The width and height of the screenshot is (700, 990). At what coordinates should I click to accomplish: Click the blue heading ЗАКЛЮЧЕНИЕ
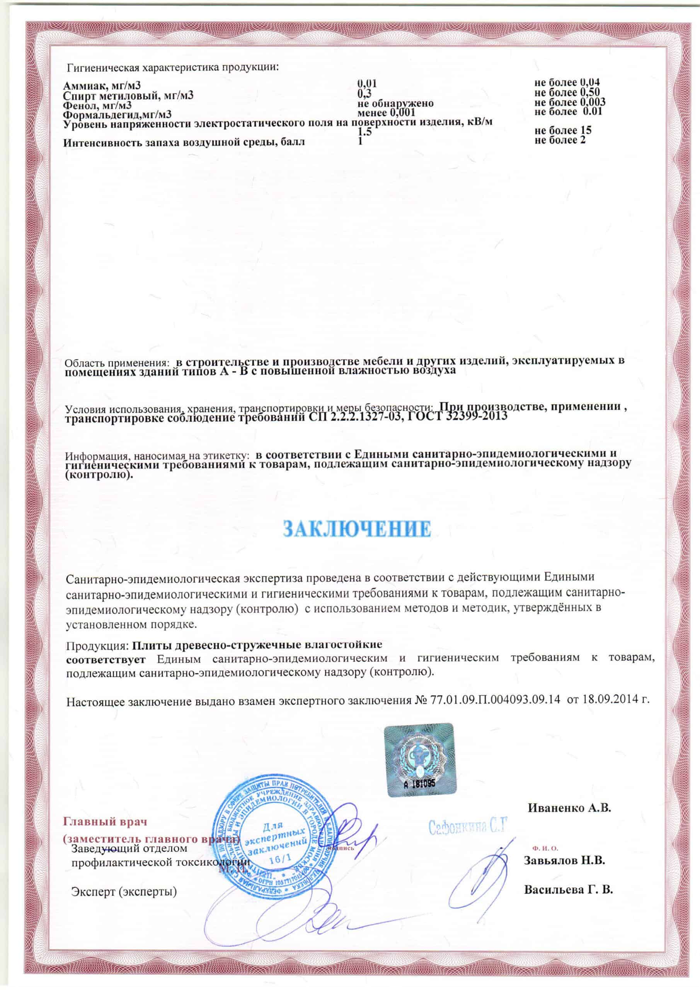click(356, 529)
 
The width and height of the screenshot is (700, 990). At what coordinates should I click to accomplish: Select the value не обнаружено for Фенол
click(395, 104)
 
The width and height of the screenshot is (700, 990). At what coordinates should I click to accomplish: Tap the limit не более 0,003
click(569, 102)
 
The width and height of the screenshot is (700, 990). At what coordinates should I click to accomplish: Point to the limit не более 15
click(562, 130)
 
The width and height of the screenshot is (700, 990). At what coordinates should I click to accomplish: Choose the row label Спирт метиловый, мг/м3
click(128, 95)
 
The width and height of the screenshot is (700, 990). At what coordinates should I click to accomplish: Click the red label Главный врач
click(106, 821)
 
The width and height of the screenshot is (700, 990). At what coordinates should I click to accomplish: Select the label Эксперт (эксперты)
click(124, 891)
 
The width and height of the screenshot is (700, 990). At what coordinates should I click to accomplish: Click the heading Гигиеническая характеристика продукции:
click(172, 68)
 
